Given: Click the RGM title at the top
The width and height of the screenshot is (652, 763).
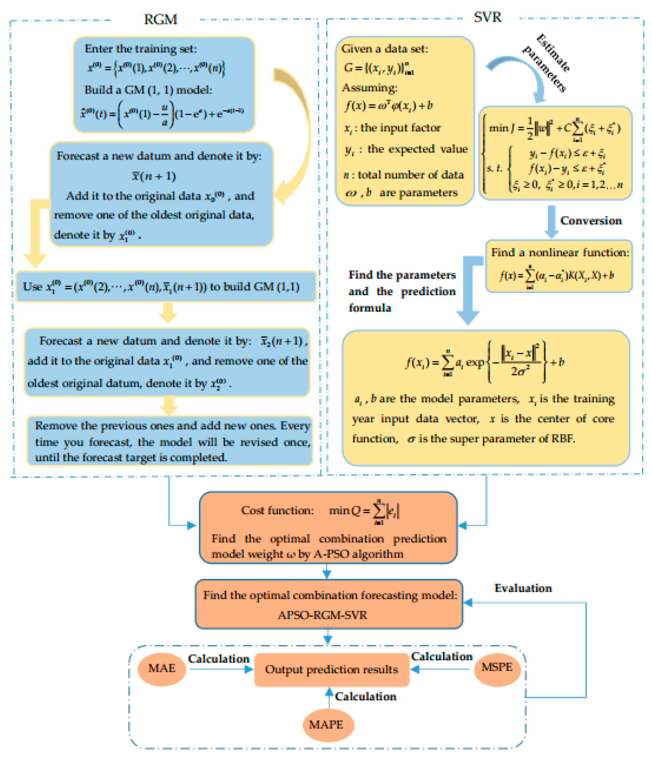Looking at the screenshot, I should click(160, 19).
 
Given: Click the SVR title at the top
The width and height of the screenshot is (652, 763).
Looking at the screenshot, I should click(487, 17).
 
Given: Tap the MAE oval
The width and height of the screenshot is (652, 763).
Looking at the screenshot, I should click(161, 668).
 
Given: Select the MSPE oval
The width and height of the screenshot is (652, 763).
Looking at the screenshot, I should click(496, 667).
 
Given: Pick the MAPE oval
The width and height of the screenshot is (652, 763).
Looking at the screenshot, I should click(326, 724).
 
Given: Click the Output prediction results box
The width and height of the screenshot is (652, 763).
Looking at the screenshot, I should click(331, 669).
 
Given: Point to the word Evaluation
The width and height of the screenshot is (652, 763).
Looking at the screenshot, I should click(523, 588).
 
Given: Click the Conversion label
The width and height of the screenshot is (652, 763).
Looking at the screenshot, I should click(590, 221).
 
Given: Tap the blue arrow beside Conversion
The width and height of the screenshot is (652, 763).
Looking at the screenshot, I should click(551, 221).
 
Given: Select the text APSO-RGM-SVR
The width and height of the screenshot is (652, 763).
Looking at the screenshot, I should click(322, 615).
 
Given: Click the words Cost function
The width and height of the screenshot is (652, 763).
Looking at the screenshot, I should click(277, 510).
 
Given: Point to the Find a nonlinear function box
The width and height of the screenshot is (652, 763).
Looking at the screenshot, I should click(558, 266).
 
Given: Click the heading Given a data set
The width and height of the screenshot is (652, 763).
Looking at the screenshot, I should click(385, 48).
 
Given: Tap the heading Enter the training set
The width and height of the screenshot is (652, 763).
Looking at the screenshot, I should click(141, 48).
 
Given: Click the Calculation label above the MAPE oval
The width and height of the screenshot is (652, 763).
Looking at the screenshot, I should click(365, 696).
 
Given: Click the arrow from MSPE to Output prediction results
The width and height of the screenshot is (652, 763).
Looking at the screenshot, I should click(440, 669).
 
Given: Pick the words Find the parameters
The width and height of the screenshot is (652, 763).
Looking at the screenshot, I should click(402, 275).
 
